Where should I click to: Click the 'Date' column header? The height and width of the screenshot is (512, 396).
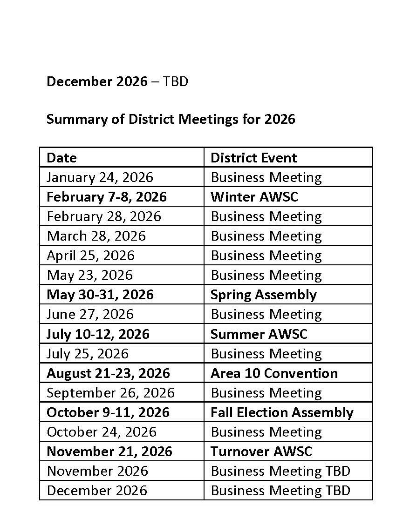(62, 158)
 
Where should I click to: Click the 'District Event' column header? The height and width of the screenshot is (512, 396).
(253, 158)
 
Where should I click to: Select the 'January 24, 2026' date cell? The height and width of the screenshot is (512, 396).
(100, 177)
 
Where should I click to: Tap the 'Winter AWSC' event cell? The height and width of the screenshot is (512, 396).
(254, 197)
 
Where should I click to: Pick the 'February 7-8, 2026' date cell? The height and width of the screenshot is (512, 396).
(107, 197)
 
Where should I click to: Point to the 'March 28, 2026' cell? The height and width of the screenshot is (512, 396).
(96, 236)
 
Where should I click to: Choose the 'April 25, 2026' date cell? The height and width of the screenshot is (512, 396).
(90, 256)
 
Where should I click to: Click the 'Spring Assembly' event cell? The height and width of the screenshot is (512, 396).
(263, 295)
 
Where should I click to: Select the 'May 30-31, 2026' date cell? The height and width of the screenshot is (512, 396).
(100, 295)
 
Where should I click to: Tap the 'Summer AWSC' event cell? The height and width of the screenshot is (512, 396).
(259, 334)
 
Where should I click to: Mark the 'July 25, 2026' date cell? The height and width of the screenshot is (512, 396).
(88, 354)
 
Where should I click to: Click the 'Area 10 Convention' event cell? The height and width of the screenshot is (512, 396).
(274, 373)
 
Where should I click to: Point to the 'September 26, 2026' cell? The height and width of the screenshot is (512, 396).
(111, 393)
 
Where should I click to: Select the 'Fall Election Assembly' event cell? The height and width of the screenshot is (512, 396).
(282, 412)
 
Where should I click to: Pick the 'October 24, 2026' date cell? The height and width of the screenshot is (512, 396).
(102, 432)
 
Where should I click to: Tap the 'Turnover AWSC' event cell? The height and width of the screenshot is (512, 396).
(261, 451)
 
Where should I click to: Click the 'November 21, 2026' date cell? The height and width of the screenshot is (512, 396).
(109, 451)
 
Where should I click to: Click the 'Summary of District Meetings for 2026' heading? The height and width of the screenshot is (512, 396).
(171, 119)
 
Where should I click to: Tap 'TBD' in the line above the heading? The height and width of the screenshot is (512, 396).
(176, 82)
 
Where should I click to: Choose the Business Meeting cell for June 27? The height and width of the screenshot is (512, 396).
(266, 314)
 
